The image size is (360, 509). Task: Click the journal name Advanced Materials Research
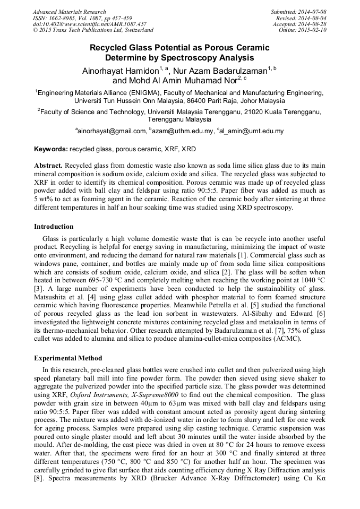[69, 12]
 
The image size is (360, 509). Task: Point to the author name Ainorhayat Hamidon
[120, 71]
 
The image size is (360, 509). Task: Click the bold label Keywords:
[50, 150]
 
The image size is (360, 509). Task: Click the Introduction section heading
[54, 227]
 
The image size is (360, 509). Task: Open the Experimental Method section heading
[68, 358]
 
